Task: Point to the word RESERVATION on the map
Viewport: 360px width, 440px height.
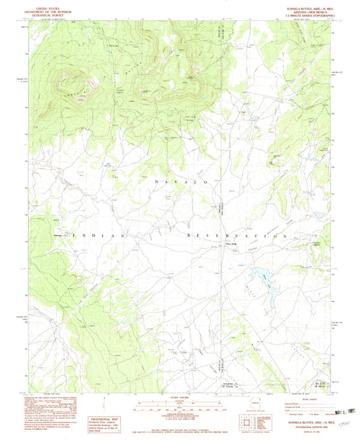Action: tap(236, 236)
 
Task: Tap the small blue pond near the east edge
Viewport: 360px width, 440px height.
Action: tap(315, 216)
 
